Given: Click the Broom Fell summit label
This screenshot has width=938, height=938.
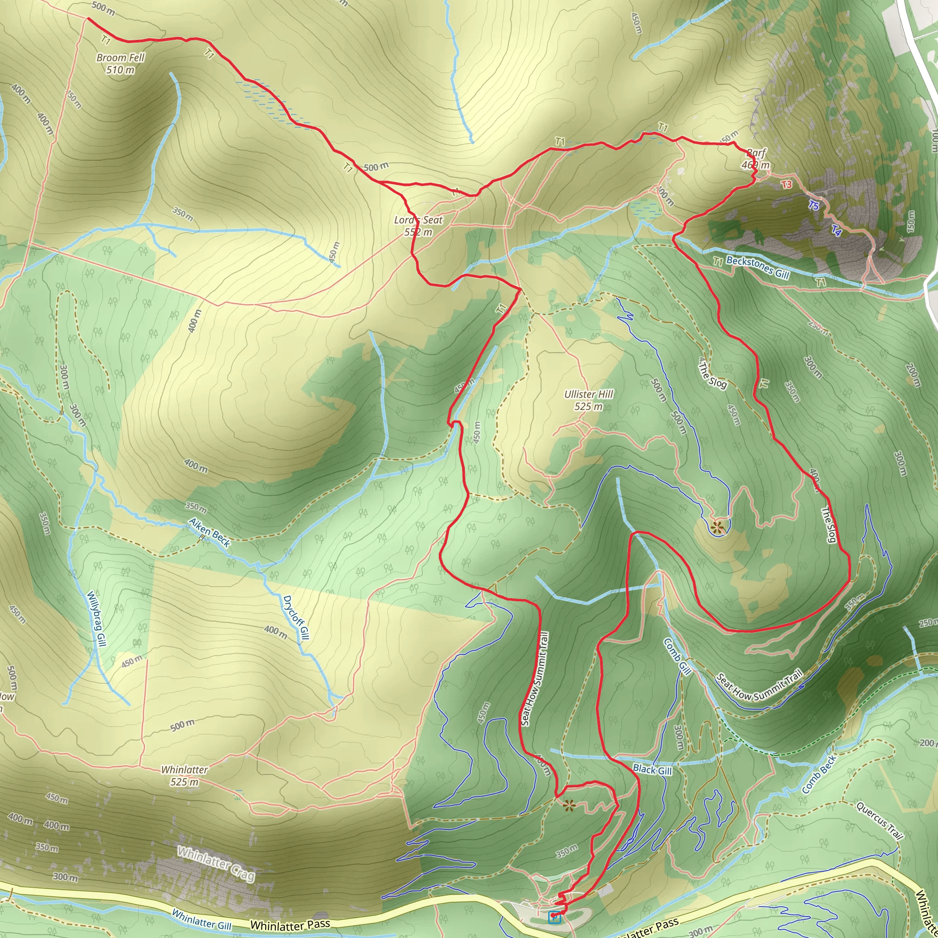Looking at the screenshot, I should pos(120,64).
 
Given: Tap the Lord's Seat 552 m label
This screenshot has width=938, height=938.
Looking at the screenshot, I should pos(419,226).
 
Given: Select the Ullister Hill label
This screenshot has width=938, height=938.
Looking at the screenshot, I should pos(589,400).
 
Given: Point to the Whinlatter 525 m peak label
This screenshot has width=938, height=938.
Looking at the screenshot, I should pos(185,776).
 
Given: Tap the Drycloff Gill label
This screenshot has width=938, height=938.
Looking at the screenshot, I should pos(296,617).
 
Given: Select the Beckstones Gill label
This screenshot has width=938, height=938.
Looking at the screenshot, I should pos(758,267).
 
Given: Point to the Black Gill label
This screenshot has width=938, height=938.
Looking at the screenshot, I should pos(653,770).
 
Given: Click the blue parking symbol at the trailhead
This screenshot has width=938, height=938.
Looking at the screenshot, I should pos(554,916).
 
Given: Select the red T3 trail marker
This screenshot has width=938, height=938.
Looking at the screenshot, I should pos(786,185).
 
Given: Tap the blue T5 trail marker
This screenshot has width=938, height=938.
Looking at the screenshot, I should pos(814,206).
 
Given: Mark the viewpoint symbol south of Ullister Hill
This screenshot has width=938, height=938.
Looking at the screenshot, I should pos(717,526).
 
